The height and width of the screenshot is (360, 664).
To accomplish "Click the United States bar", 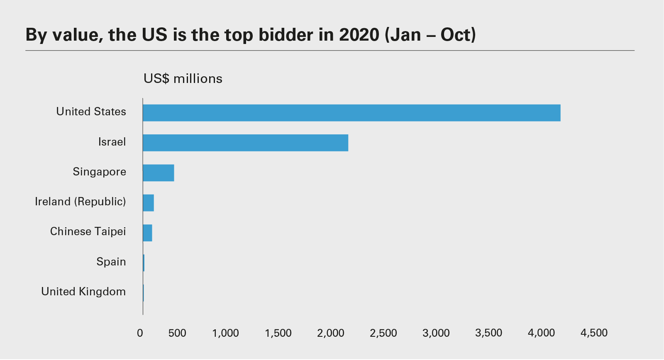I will click(351, 113).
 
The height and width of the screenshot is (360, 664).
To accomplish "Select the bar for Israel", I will click(245, 143).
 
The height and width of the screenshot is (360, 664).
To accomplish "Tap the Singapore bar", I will click(158, 173).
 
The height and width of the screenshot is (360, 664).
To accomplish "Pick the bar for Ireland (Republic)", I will click(148, 203).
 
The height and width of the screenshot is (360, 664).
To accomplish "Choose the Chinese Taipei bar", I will click(147, 233).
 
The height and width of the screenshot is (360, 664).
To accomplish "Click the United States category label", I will click(91, 112).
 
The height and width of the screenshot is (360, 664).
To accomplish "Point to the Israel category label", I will click(112, 142).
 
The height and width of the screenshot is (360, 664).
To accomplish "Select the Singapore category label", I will click(99, 172).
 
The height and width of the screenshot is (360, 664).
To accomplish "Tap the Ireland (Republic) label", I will click(80, 202).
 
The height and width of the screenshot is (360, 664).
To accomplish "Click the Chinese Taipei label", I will click(88, 231).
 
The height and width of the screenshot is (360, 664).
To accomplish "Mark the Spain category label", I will click(111, 262).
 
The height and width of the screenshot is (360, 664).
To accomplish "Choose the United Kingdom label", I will click(83, 292).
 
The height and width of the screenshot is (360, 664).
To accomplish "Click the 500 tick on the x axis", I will click(177, 333).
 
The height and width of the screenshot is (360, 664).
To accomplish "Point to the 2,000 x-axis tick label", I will click(331, 333).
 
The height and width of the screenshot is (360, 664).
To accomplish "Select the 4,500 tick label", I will click(594, 333).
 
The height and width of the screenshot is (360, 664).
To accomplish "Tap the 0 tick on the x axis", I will click(140, 333).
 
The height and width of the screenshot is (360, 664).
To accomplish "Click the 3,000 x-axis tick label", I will click(436, 333).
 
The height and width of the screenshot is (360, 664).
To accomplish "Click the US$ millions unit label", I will click(183, 78).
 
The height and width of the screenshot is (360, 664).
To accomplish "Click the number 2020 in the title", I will click(359, 35).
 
